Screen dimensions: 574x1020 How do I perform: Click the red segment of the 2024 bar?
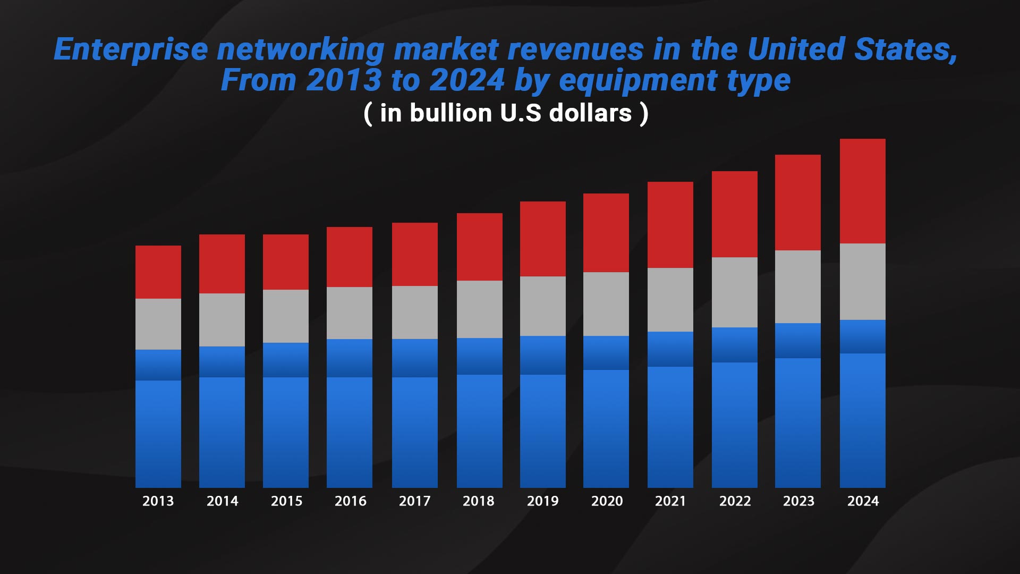(862, 191)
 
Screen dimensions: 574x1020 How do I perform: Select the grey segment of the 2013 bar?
(158, 324)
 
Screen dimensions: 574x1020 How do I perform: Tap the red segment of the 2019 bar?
(542, 239)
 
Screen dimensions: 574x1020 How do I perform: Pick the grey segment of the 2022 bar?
(734, 292)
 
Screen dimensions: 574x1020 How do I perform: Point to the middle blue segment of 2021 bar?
(670, 349)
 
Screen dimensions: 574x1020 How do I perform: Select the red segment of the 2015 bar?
(285, 262)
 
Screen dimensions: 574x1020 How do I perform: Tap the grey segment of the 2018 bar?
(479, 309)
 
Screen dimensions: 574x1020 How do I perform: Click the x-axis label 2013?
(158, 501)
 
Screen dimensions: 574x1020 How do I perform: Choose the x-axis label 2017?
(414, 501)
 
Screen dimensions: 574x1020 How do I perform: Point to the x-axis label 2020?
(607, 501)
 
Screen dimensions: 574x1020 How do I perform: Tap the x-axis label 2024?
(863, 501)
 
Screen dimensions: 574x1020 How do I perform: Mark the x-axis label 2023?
(798, 501)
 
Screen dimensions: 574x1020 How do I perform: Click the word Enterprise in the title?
(131, 50)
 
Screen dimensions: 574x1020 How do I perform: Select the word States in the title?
(905, 50)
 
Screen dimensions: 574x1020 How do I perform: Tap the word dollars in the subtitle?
(590, 113)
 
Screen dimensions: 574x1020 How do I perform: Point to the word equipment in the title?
(638, 81)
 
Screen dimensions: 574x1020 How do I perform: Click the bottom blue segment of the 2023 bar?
(797, 423)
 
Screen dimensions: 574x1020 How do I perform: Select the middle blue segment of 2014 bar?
(222, 362)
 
